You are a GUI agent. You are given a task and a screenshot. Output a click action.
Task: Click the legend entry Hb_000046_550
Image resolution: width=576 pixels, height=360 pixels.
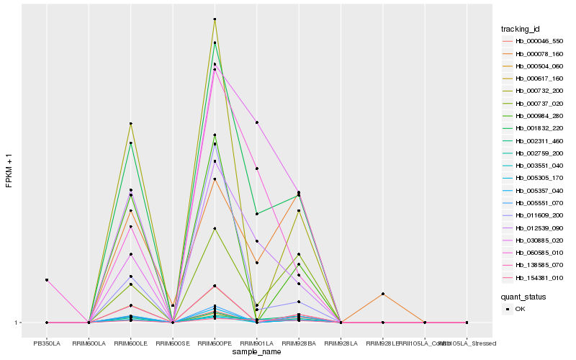pyautogui.click(x=534, y=41)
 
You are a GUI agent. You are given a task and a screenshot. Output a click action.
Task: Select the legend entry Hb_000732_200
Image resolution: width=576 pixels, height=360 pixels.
pyautogui.click(x=534, y=91)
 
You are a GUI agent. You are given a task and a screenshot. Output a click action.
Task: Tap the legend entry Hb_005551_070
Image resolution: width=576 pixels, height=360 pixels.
pyautogui.click(x=534, y=203)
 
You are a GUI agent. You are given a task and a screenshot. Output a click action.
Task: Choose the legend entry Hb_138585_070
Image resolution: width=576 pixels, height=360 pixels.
pyautogui.click(x=534, y=265)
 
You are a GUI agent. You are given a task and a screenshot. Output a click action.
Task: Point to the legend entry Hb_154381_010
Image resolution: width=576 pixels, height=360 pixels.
pyautogui.click(x=534, y=277)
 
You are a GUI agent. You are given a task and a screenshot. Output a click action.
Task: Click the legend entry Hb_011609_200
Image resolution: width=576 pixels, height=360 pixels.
pyautogui.click(x=534, y=215)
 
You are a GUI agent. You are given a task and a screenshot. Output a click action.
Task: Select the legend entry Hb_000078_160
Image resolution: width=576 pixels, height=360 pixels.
pyautogui.click(x=534, y=53)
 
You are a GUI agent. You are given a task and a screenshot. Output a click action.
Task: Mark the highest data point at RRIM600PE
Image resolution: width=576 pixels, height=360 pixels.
pyautogui.click(x=215, y=19)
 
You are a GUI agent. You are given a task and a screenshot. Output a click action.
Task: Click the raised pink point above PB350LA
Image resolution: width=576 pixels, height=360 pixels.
pyautogui.click(x=48, y=280)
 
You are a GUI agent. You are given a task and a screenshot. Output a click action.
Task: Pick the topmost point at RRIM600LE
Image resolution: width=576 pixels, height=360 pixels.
pyautogui.click(x=131, y=124)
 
